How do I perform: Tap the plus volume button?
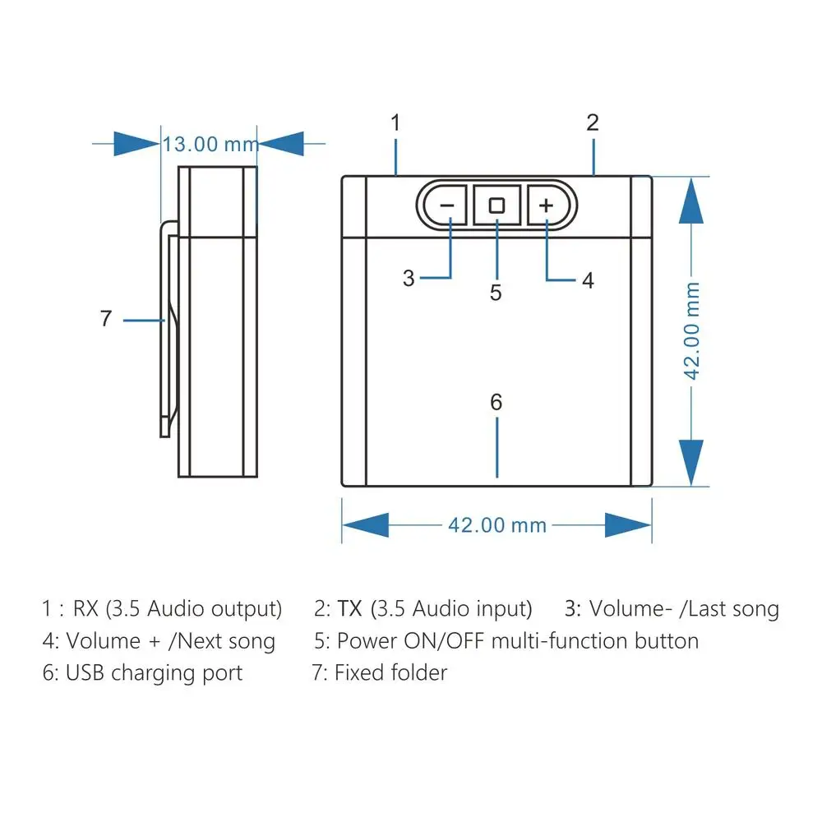point(547,205)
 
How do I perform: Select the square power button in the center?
point(496,205)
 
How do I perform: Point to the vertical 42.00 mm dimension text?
point(693,330)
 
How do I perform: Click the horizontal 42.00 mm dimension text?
point(497,524)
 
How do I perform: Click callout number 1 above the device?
point(395,123)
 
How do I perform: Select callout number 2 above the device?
point(593,123)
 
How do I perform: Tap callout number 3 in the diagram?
point(409,278)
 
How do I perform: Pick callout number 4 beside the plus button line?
point(588,280)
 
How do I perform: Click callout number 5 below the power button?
point(496,293)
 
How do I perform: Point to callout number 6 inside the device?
point(496,402)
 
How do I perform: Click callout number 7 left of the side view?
point(105,319)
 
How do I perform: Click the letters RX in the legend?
point(85,609)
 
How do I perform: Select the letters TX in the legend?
point(351,609)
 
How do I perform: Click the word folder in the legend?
point(416,673)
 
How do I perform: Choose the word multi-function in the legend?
point(561,641)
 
